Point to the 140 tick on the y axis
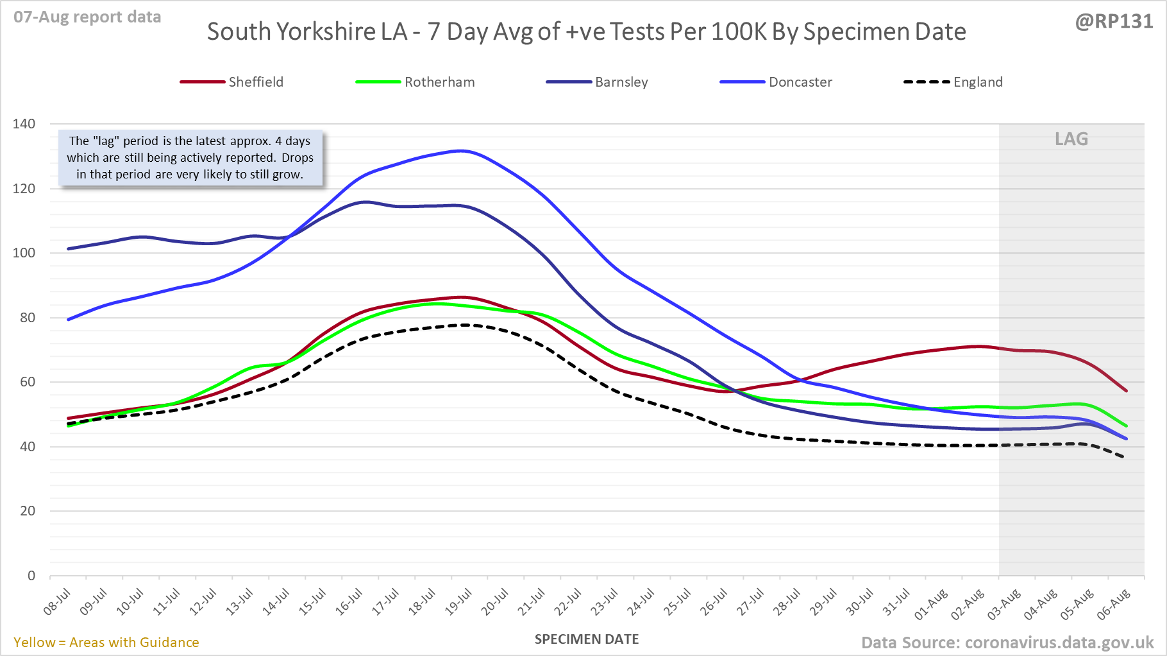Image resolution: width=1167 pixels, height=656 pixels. pos(24,124)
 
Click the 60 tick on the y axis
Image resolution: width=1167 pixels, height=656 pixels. pos(27,382)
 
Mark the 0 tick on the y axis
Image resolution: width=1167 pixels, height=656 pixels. pos(31,576)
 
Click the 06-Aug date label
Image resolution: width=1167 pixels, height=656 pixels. pos(1114,605)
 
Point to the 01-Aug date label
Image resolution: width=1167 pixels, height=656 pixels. pos(931,605)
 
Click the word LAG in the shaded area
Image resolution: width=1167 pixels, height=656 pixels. pos(1071,139)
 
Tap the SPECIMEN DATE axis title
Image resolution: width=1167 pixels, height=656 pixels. pos(587,639)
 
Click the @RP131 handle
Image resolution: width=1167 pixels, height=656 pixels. pos(1114,21)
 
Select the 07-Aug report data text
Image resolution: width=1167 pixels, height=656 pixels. pos(87,17)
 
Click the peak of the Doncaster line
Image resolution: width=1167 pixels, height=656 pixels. pos(461,151)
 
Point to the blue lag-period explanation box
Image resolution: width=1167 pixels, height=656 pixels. pos(190,158)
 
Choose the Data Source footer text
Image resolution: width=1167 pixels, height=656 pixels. pos(1007,643)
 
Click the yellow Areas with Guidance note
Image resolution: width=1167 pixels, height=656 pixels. pos(106,643)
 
